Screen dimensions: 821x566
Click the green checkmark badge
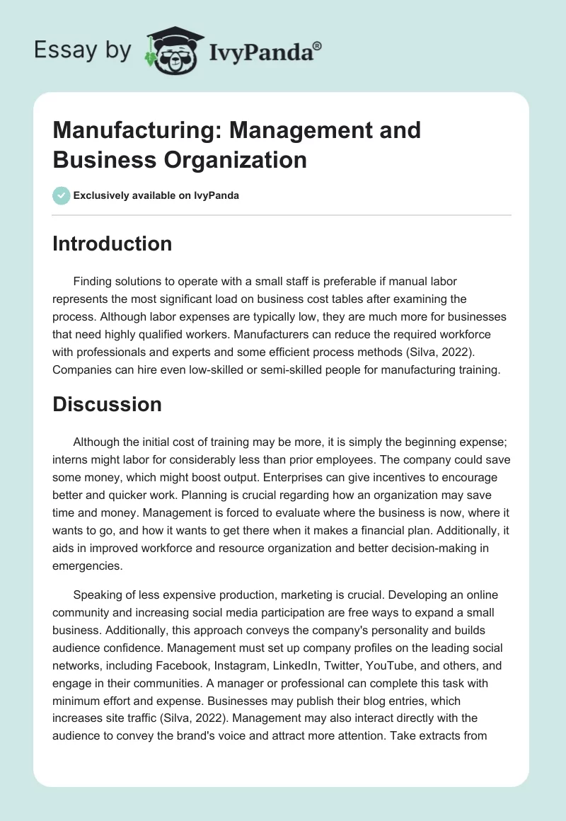62,195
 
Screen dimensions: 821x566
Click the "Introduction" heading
112,243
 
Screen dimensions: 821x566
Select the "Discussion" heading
107,404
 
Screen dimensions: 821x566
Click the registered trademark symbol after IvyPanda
318,45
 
